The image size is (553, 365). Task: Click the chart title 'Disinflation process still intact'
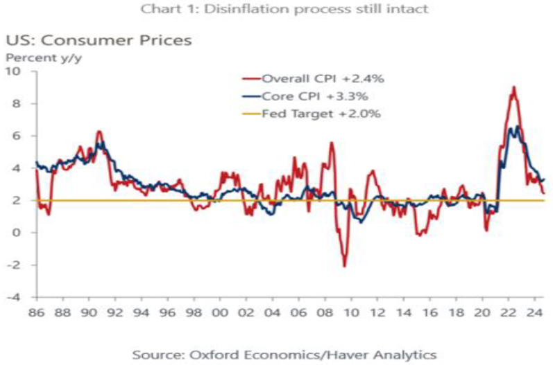[276, 10]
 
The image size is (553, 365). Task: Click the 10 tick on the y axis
[15, 71]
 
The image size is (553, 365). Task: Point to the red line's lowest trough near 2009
[345, 266]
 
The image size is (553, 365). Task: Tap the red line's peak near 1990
[99, 131]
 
